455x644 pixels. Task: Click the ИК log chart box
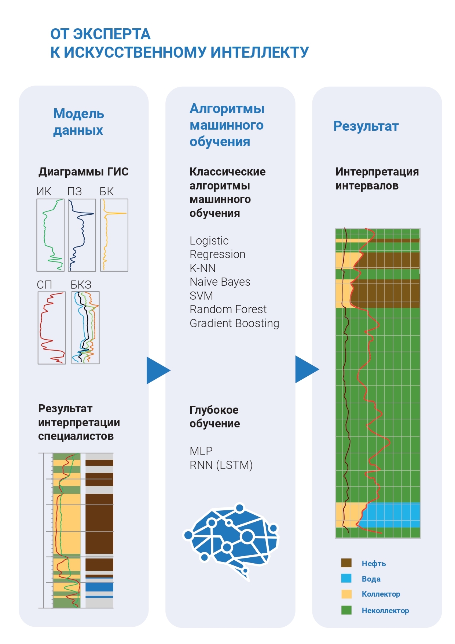(x=51, y=235)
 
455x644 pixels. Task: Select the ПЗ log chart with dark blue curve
(x=82, y=235)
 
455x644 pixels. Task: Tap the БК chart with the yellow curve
(x=114, y=235)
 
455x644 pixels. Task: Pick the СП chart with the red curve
(x=52, y=328)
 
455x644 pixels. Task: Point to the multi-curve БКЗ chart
(x=85, y=328)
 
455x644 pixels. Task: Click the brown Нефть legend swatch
(x=346, y=563)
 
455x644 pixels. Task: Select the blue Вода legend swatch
(x=346, y=578)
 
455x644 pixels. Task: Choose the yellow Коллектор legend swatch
(x=346, y=594)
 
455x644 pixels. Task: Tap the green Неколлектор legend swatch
(x=346, y=610)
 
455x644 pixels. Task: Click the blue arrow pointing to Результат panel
(x=307, y=369)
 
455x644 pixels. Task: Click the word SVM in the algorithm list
(x=201, y=296)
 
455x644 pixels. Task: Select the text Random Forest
(x=228, y=309)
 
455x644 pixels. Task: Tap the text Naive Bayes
(x=220, y=282)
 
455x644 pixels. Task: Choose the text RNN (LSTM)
(x=221, y=465)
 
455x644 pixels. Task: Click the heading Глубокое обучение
(x=214, y=416)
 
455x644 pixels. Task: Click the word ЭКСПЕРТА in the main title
(x=112, y=34)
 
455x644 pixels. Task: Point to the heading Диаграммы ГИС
(x=84, y=171)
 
